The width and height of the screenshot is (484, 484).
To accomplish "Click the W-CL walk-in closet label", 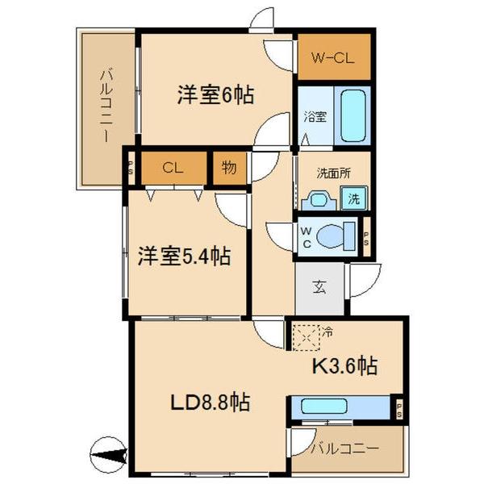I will [x=333, y=56].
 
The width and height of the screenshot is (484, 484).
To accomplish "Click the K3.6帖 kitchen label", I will [x=344, y=365].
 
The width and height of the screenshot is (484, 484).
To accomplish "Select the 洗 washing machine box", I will [x=354, y=197].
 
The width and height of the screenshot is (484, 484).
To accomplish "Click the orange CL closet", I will [x=171, y=168].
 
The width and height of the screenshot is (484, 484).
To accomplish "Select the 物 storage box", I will [x=228, y=168].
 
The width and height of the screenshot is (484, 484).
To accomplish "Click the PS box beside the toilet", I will [x=366, y=236].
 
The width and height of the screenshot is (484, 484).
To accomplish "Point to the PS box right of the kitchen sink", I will [x=398, y=407].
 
